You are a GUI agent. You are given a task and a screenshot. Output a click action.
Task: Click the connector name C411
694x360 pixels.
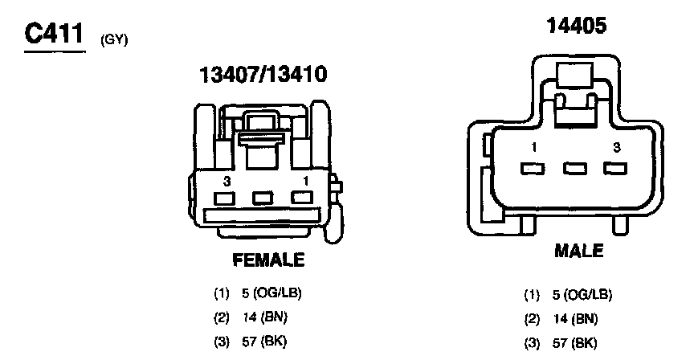coord(54,34)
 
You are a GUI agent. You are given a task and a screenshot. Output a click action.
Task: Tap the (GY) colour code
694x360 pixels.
coord(114,41)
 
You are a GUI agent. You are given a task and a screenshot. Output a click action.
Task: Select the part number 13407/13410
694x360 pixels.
coord(263,74)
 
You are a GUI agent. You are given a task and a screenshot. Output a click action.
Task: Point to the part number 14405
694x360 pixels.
coord(577,26)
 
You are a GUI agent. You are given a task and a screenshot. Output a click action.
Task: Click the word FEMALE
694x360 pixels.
coord(268,260)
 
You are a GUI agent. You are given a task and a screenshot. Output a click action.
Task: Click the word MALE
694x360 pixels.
coord(579,251)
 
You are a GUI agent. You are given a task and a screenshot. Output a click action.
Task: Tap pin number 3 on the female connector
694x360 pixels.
coord(227,181)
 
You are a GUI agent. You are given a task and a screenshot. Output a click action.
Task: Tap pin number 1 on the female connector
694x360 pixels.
coord(305,181)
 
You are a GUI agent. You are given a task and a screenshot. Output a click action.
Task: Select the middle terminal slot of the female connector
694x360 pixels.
coord(263,198)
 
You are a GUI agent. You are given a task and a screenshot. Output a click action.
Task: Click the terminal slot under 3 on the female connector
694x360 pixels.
coord(224,198)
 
